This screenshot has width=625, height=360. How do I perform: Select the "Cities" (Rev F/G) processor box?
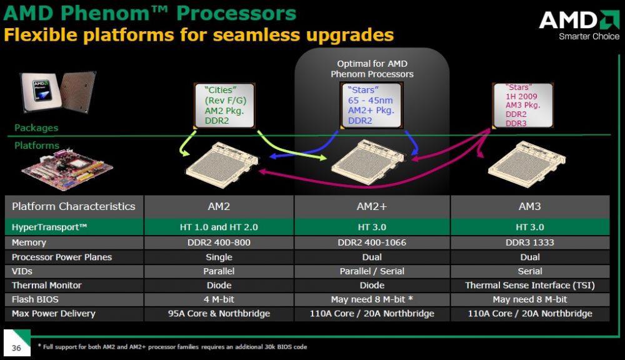225,105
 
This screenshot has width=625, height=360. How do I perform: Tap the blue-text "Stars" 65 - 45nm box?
371,105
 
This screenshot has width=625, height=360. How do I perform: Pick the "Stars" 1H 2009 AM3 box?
523,105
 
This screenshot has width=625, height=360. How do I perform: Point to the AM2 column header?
219,206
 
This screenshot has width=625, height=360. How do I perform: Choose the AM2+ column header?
372,206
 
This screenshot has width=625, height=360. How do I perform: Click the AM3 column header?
530,206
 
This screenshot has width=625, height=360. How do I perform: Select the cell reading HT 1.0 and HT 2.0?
219,227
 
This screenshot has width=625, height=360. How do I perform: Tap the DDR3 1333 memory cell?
530,242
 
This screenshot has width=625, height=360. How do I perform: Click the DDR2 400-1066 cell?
372,242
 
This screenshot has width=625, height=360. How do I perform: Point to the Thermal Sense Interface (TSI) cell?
530,286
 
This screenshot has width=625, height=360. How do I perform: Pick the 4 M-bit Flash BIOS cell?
219,299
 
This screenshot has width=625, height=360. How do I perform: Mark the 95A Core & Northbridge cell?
219,314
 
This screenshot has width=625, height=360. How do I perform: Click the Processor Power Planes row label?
62,257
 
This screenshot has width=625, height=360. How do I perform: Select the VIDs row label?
22,271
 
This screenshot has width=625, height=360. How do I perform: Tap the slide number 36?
16,347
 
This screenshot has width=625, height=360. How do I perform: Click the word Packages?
36,128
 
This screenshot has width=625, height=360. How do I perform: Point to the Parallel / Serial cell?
372,271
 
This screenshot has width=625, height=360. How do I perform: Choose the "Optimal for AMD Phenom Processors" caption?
372,69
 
